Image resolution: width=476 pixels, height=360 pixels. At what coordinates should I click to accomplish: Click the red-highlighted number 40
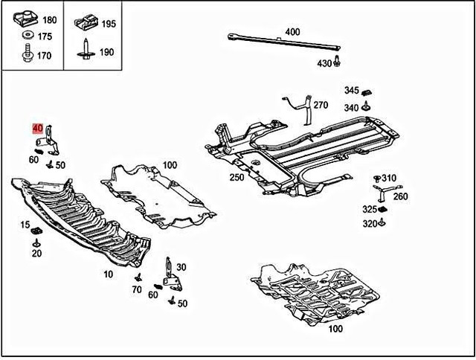tap(37, 128)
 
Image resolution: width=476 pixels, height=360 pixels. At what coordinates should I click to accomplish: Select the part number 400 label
tap(292, 32)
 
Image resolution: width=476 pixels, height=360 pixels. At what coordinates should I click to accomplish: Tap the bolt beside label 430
tap(338, 61)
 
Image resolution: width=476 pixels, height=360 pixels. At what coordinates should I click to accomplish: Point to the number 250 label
tap(237, 178)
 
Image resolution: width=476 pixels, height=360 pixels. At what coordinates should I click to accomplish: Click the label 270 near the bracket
tap(320, 105)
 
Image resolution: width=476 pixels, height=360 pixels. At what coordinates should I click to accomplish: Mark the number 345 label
tap(351, 90)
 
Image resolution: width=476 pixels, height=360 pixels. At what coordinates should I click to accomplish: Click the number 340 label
tap(351, 108)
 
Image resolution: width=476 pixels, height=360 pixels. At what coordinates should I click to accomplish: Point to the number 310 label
tap(390, 178)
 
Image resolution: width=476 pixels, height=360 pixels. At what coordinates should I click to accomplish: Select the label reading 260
tap(401, 196)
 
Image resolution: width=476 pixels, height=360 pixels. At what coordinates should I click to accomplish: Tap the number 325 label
tap(370, 209)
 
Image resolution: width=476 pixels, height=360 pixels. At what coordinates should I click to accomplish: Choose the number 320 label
tap(370, 223)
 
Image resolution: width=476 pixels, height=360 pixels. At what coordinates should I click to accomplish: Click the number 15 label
tap(25, 225)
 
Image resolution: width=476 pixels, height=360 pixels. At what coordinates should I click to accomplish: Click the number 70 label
tap(137, 289)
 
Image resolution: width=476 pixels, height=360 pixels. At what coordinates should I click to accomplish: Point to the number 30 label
tap(181, 267)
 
